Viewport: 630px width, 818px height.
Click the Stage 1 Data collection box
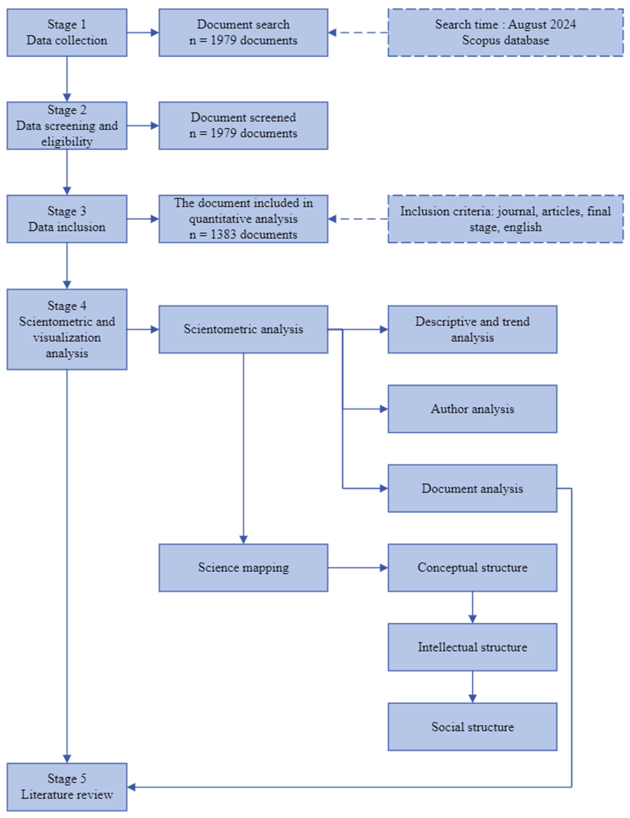[67, 33]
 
